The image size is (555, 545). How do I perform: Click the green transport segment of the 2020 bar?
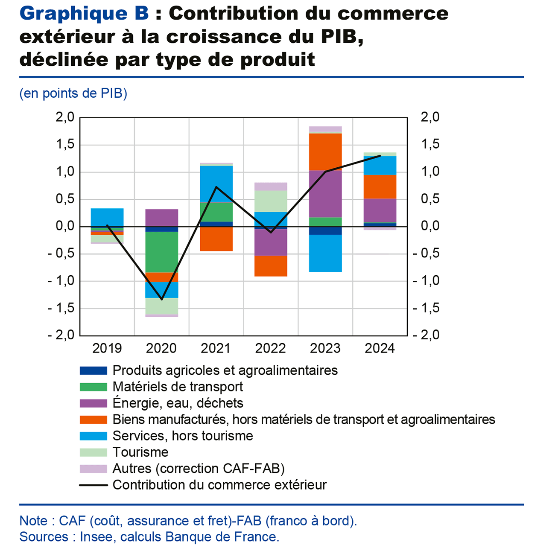click(161, 252)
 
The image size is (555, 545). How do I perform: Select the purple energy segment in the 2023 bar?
click(325, 194)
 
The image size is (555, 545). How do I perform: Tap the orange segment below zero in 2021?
click(216, 239)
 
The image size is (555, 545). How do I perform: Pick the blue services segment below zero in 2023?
click(325, 253)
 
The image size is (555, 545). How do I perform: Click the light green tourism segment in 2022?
click(271, 201)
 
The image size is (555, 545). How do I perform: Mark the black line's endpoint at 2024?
click(380, 156)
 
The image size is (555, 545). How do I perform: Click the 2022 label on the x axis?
click(270, 348)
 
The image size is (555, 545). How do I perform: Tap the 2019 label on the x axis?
click(107, 348)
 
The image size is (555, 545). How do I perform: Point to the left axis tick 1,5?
click(65, 144)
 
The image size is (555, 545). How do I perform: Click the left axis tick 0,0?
click(65, 226)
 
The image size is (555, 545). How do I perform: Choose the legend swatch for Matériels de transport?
click(93, 387)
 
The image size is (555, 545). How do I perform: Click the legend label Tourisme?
click(140, 452)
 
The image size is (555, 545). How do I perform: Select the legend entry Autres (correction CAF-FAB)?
click(199, 469)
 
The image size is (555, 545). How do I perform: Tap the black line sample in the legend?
click(93, 485)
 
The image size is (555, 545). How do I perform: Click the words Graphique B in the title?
click(84, 14)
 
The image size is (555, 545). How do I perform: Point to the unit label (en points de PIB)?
click(73, 93)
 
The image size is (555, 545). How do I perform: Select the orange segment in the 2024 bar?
click(380, 187)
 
